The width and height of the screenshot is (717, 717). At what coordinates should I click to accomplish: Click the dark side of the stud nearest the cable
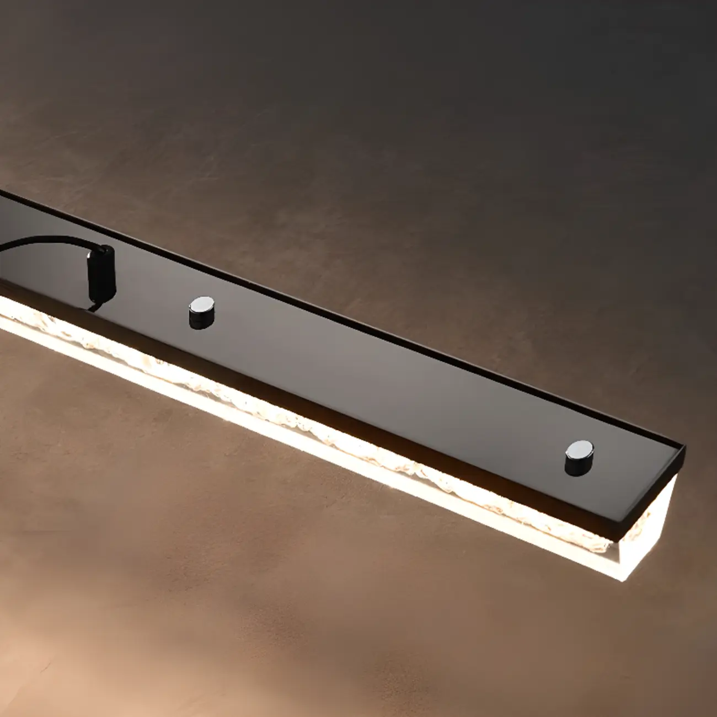(x=199, y=319)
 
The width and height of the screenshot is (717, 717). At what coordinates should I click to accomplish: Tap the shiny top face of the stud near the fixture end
(x=577, y=448)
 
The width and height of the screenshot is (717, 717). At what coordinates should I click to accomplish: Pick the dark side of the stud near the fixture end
(x=577, y=464)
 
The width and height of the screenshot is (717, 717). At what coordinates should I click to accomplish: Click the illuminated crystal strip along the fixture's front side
(x=331, y=436)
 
